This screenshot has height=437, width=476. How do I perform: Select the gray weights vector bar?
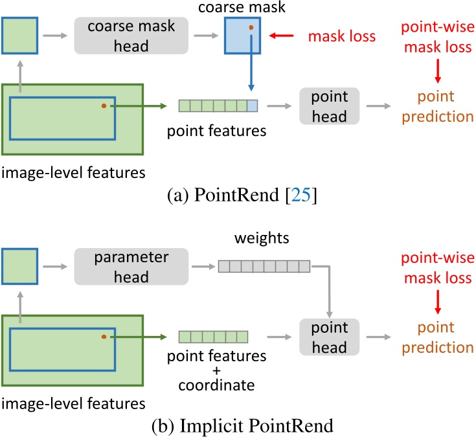pos(265,265)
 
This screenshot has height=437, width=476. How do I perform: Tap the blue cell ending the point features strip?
pos(253,106)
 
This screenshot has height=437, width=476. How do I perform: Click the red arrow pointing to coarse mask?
pos(280,37)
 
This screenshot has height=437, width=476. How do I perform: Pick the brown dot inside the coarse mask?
pos(250,28)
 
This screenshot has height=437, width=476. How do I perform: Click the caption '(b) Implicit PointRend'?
pos(238,427)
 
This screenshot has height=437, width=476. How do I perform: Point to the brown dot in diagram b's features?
pos(104,337)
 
